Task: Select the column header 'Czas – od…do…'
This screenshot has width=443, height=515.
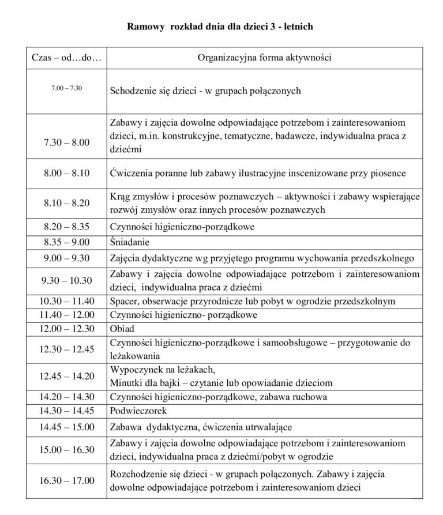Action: pos(66,58)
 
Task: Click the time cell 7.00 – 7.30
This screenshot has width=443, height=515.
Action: pos(66,88)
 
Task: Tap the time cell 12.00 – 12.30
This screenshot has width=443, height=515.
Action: pos(66,329)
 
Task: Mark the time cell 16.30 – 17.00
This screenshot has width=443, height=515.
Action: pos(66,481)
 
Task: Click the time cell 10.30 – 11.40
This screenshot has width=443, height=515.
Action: pos(66,301)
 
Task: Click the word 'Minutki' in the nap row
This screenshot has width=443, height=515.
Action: pos(125,382)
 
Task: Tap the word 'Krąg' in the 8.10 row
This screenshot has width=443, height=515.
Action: pos(119,196)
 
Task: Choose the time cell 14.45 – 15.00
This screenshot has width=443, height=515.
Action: pos(66,427)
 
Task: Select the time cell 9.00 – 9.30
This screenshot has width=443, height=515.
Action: pos(66,258)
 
